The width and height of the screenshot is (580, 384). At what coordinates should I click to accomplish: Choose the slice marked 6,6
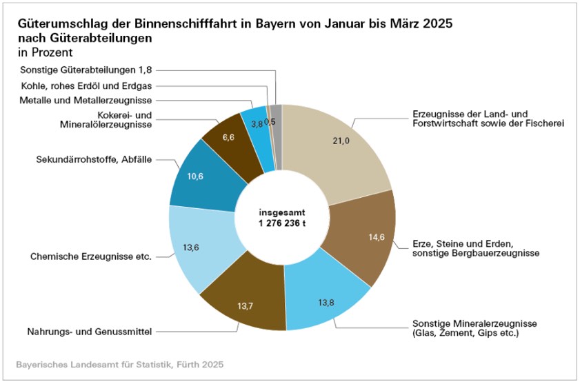click(228, 138)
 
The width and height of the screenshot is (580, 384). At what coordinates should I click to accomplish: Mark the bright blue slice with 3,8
click(256, 124)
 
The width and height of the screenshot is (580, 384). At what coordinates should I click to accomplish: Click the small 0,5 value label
click(270, 121)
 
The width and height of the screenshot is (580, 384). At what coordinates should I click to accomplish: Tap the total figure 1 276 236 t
click(282, 223)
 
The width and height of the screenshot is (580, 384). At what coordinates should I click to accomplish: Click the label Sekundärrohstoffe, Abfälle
click(93, 159)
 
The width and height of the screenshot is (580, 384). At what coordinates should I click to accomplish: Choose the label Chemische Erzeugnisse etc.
click(91, 256)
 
